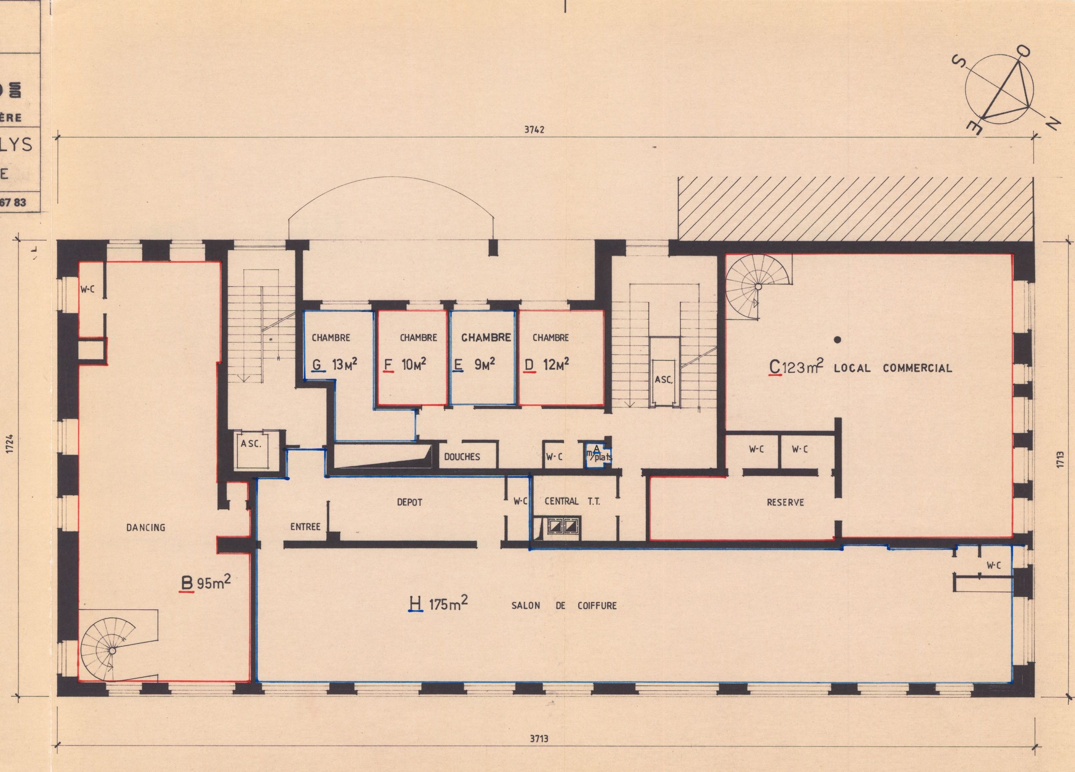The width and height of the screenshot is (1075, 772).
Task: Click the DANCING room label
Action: click(x=146, y=527)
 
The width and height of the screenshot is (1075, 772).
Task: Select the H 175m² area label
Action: click(x=438, y=604)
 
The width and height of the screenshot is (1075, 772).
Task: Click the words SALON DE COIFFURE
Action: click(x=564, y=606)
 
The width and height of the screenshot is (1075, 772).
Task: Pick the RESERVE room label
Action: click(x=785, y=502)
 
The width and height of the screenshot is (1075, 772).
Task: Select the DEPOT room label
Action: click(x=409, y=502)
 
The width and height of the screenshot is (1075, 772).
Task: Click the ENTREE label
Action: click(x=305, y=526)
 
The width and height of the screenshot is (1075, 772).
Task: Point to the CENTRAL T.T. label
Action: click(x=572, y=501)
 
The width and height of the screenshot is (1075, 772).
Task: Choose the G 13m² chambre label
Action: click(x=335, y=365)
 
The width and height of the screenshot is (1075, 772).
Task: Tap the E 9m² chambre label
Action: click(x=474, y=365)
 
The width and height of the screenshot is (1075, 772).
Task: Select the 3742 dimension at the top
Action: click(x=534, y=130)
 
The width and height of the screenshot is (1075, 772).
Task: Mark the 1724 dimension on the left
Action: click(x=11, y=444)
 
